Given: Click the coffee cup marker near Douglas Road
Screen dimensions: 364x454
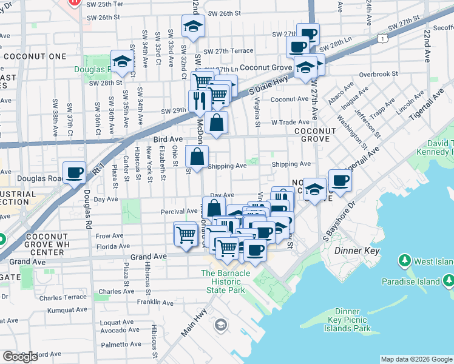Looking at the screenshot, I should tap(75, 173).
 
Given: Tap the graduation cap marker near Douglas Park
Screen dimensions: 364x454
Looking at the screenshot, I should tap(122, 61).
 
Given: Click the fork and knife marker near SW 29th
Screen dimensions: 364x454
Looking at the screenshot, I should tap(198, 99).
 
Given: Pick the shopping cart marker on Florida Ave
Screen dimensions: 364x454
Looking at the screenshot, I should tap(185, 234).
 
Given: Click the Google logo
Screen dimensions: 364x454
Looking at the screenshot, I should tap(20, 357).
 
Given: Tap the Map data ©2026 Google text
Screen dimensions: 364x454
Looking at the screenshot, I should tap(417, 359).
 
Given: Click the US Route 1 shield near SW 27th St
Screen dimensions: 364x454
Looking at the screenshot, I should tap(381, 39).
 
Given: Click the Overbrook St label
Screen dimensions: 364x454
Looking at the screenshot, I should tap(378, 74).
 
